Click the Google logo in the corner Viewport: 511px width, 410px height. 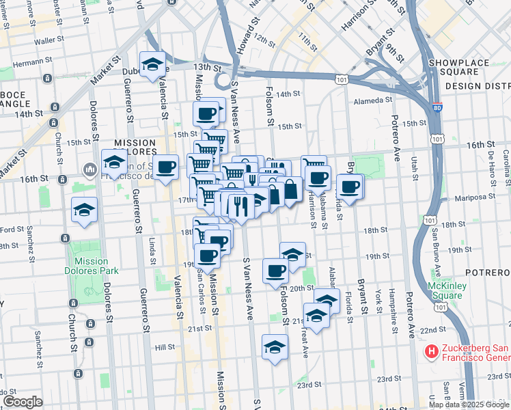coord(23,402)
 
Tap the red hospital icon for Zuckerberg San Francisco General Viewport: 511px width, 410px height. coord(432,352)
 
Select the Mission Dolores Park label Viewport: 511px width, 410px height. coord(90,266)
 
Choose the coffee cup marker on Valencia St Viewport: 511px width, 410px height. coord(165,167)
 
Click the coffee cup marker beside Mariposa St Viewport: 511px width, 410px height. coord(350,187)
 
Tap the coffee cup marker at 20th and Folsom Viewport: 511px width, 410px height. coord(275,270)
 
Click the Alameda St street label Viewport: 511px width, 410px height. coord(371,101)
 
